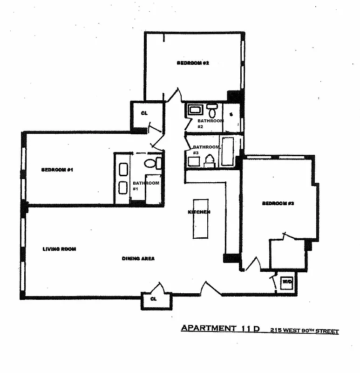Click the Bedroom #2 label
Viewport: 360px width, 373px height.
[192, 63]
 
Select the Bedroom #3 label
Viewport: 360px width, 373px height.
[277, 203]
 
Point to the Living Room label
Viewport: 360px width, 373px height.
[59, 249]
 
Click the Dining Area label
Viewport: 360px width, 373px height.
[138, 258]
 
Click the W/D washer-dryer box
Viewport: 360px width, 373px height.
[286, 282]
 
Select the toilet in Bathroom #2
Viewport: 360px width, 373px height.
[212, 111]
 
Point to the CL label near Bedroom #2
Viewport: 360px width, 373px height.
[144, 113]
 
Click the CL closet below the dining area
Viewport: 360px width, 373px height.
[153, 299]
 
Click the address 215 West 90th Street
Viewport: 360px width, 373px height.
[305, 331]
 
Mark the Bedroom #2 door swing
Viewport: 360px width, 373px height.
[173, 96]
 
